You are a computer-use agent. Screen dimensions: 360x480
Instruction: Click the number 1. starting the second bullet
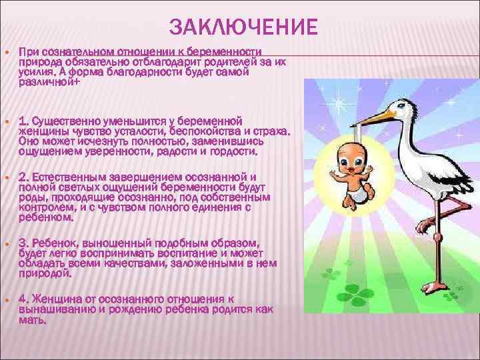point(24,121)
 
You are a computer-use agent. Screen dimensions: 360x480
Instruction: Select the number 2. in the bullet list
point(24,177)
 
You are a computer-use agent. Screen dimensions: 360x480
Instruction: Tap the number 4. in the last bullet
point(24,297)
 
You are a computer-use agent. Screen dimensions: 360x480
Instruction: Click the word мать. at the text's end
point(33,320)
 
